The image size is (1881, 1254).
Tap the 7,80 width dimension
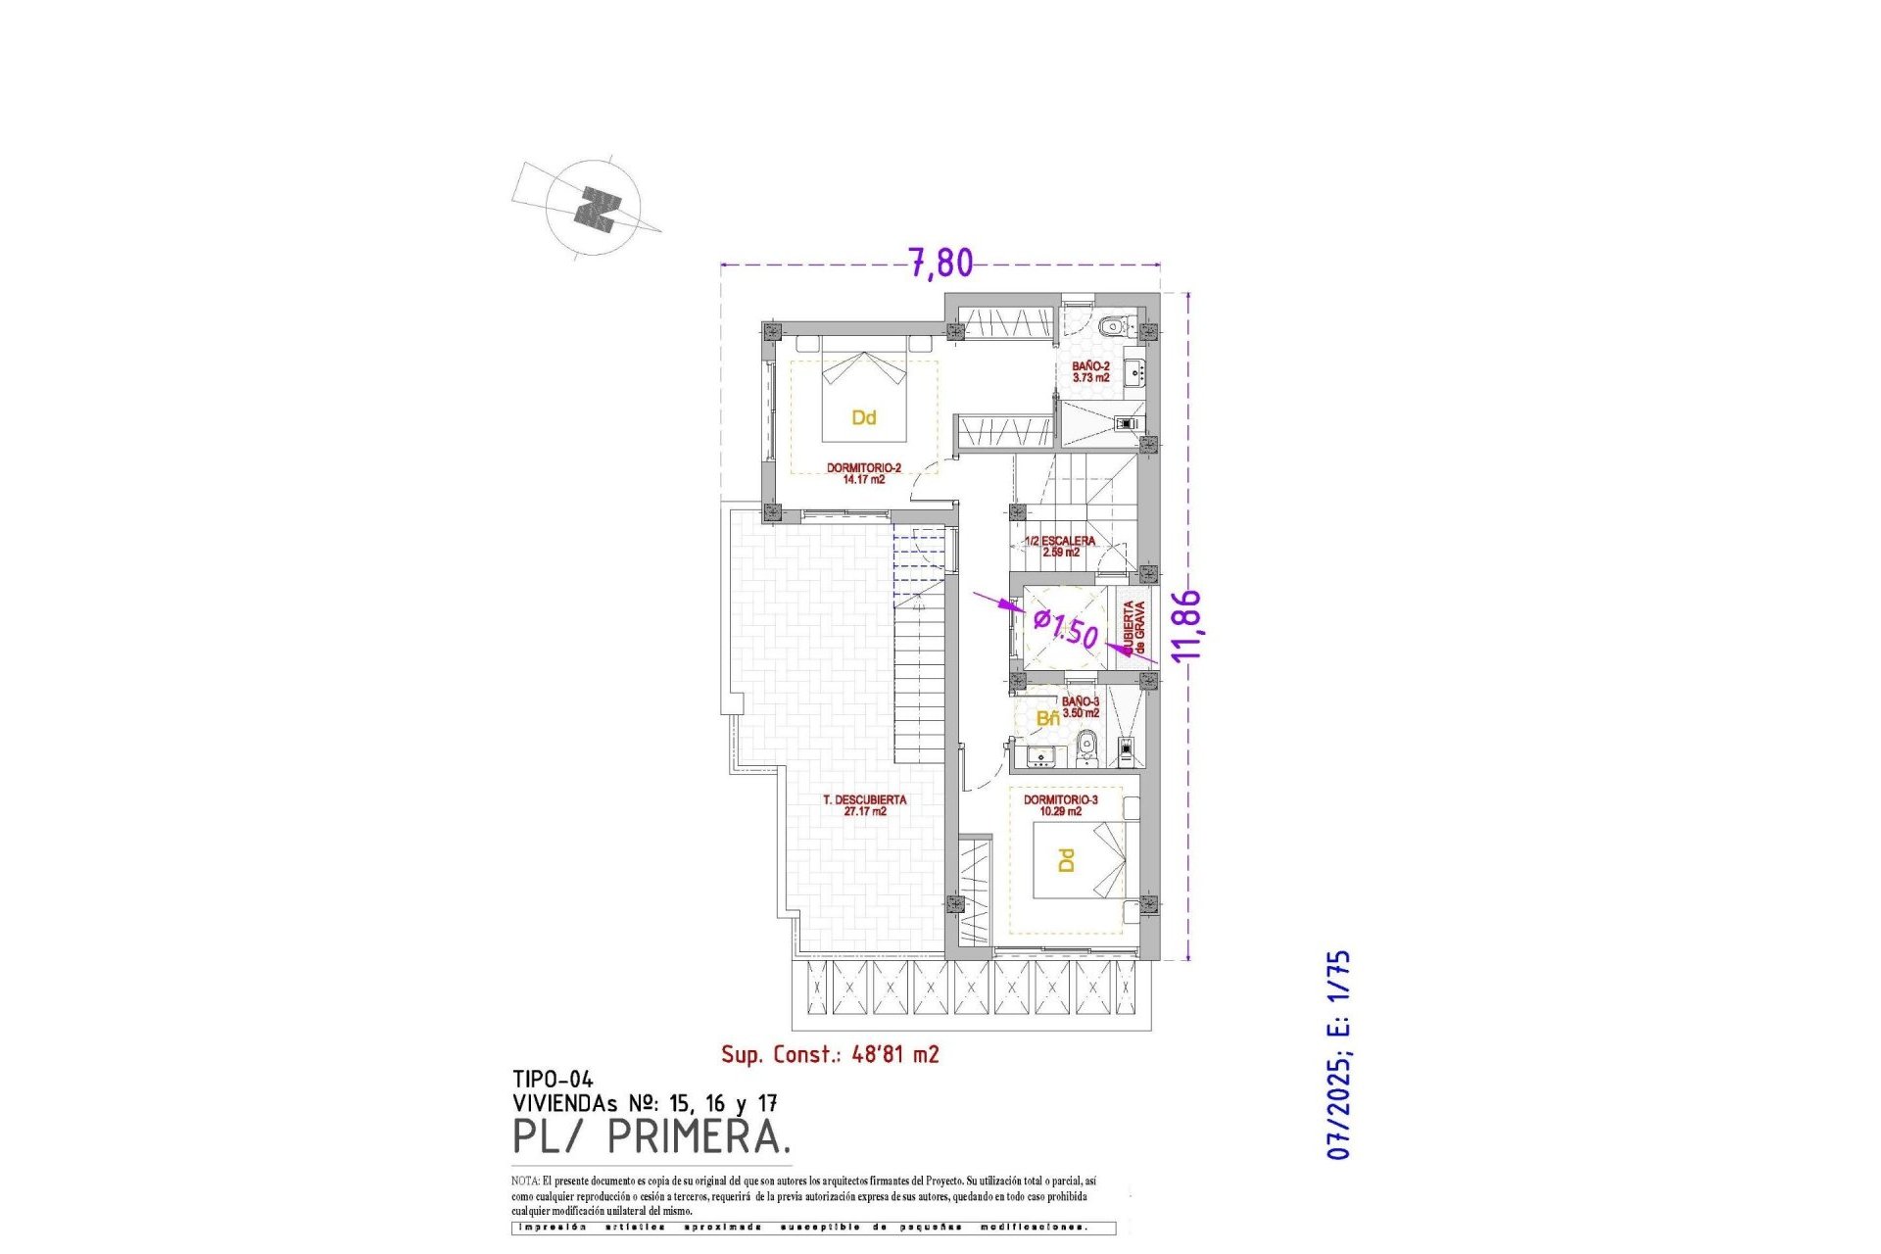point(941,263)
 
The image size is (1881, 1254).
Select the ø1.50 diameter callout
point(1067,628)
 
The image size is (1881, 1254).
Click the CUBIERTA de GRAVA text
point(1133,628)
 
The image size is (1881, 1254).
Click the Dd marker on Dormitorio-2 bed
point(863,418)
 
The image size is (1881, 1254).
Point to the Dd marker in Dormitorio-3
point(1066,860)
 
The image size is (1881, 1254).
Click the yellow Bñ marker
point(1047,719)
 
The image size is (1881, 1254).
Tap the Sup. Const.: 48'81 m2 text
point(830,1055)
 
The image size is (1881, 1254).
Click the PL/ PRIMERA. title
point(651,1137)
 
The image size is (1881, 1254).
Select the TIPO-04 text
point(553,1081)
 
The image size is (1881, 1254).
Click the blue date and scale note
point(1338,1055)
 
